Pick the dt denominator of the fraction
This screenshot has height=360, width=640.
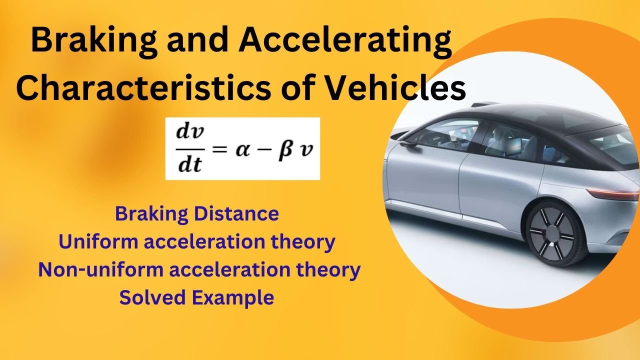187,163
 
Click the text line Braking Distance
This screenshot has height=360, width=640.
196,214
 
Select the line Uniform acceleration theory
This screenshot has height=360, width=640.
196,242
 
